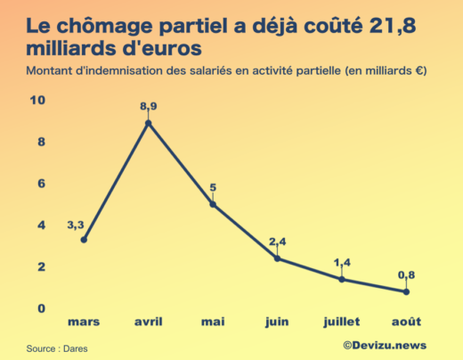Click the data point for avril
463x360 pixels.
tap(149, 123)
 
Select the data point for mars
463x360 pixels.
tap(84, 239)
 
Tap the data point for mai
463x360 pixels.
tap(213, 204)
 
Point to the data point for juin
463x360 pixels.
tap(278, 258)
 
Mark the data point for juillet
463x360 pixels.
tap(342, 279)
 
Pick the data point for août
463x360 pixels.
tap(406, 291)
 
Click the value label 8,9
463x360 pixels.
tap(149, 107)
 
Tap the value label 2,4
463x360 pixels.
tap(278, 242)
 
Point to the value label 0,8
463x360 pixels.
tap(406, 275)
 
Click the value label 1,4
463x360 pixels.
tap(342, 263)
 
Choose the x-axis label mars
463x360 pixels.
tap(84, 320)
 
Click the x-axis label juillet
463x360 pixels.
tap(342, 320)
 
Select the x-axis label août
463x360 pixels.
tap(406, 320)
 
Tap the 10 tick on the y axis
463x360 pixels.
tap(37, 100)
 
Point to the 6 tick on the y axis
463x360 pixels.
tap(40, 184)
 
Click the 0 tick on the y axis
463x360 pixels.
tap(40, 308)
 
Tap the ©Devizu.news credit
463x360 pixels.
tap(384, 345)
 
